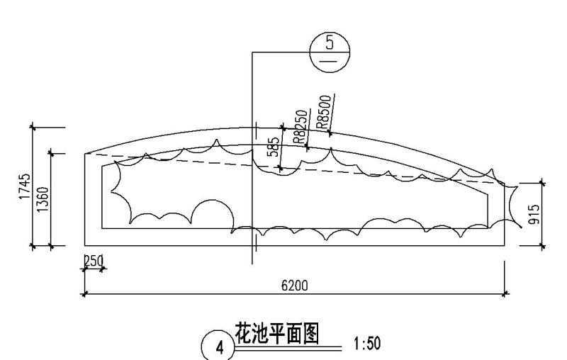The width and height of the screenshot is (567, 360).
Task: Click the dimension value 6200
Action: tap(294, 286)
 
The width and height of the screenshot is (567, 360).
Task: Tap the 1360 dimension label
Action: tap(43, 199)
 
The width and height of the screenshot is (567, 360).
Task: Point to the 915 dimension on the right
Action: tap(535, 214)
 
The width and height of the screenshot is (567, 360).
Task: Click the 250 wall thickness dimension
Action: tap(93, 261)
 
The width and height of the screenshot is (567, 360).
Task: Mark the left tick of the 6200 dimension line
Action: tap(85, 293)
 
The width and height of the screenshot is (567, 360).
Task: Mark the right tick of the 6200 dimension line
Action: tap(504, 293)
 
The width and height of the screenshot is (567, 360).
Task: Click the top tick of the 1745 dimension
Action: tap(33, 128)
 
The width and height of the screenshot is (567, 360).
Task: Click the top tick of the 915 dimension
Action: tap(543, 182)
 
